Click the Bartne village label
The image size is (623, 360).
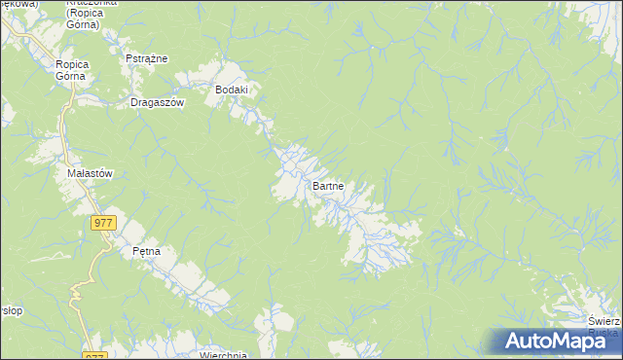[x=329, y=185]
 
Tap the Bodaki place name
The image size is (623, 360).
[x=233, y=90]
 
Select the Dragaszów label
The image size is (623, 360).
[x=157, y=102]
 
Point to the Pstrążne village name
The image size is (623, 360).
[x=147, y=58]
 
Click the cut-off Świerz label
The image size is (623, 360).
[x=605, y=321]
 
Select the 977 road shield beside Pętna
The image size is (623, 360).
[x=104, y=223]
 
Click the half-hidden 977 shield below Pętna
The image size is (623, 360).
[x=93, y=356]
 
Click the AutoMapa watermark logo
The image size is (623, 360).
[x=552, y=341]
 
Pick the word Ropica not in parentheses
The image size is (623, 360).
[x=73, y=64]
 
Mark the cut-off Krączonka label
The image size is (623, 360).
[x=92, y=3]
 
